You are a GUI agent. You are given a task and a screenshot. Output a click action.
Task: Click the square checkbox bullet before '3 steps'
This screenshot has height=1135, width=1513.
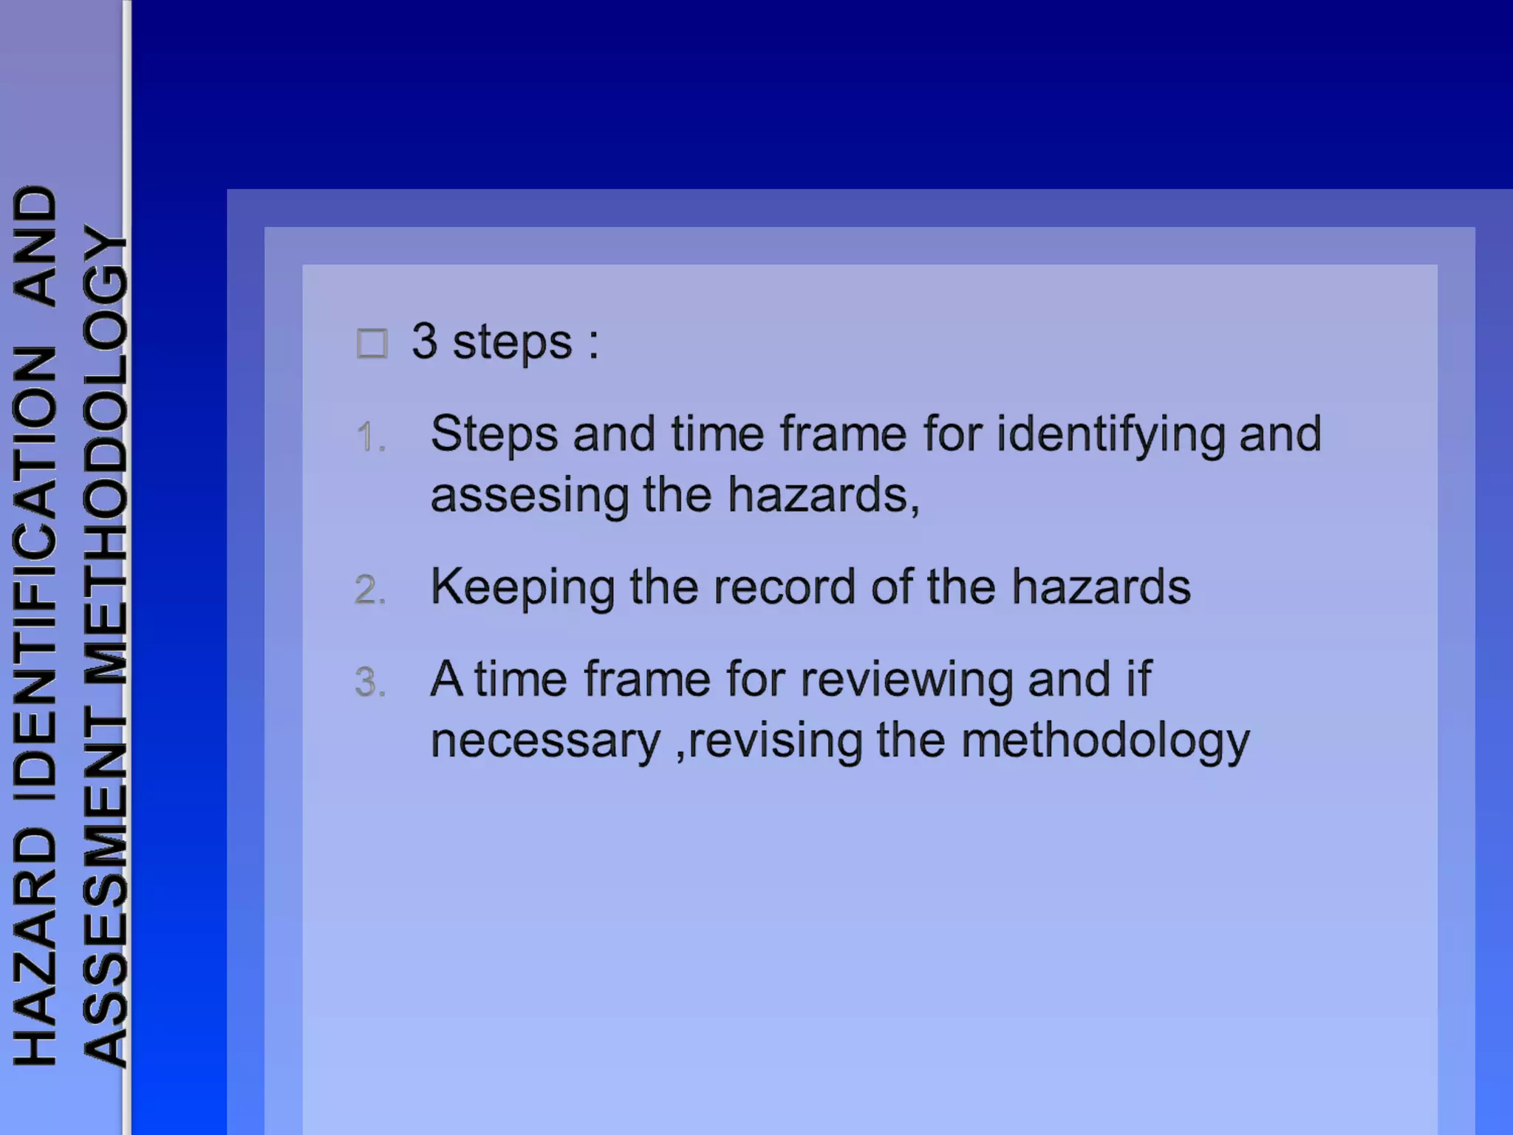pyautogui.click(x=372, y=344)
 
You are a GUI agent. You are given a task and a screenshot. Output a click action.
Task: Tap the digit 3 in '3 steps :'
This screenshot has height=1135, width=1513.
pyautogui.click(x=424, y=341)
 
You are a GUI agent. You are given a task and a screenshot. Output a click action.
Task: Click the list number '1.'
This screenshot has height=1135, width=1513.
pyautogui.click(x=370, y=437)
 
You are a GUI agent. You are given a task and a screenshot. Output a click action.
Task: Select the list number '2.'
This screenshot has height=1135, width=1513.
pyautogui.click(x=370, y=590)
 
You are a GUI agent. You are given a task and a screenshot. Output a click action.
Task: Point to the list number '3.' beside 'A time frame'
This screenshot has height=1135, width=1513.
pyautogui.click(x=370, y=681)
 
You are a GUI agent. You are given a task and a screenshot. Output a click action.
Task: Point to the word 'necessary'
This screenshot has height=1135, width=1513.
pyautogui.click(x=545, y=741)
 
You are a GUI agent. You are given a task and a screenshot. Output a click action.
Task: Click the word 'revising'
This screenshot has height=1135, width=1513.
pyautogui.click(x=775, y=740)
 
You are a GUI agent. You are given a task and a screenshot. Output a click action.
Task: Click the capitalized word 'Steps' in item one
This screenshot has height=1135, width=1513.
pyautogui.click(x=494, y=434)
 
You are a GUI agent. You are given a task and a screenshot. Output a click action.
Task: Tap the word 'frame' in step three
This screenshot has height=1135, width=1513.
pyautogui.click(x=647, y=680)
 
